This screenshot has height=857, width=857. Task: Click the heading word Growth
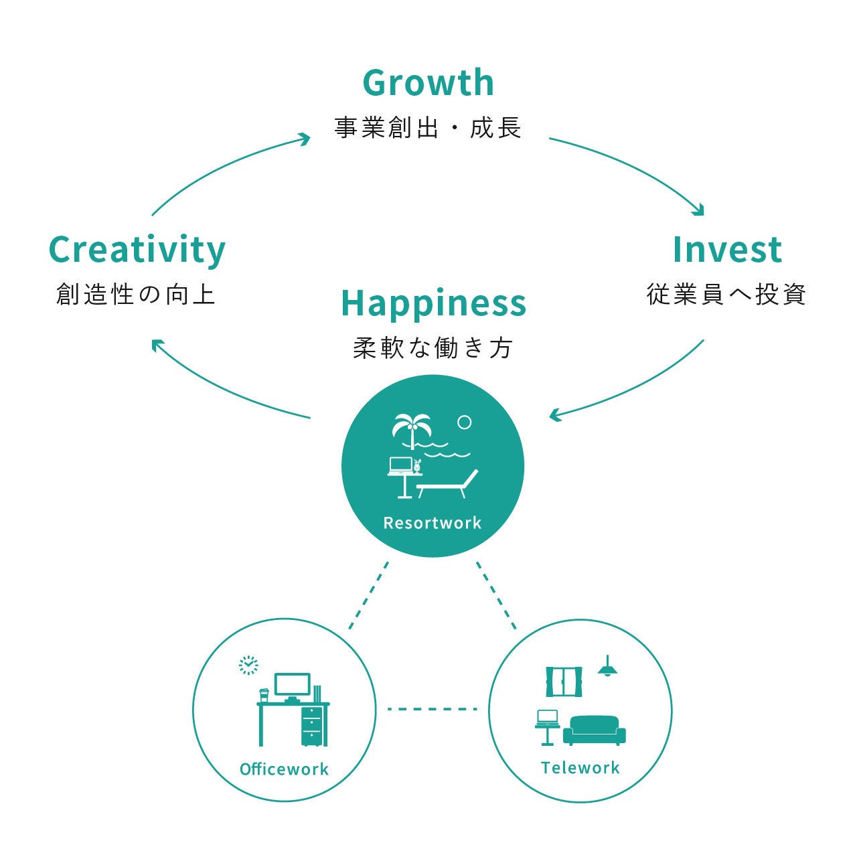pos(428,83)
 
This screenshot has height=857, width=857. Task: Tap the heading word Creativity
pos(137,250)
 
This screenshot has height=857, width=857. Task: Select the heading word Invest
pos(727,250)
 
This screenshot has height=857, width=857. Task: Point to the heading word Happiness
pos(433,303)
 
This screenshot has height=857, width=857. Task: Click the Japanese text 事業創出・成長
pos(428,127)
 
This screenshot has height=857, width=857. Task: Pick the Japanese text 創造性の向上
pos(136,294)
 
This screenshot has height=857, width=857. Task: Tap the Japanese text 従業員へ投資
pos(726,294)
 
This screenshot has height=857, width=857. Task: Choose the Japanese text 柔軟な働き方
pos(433,347)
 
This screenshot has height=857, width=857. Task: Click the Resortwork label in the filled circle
pos(432,523)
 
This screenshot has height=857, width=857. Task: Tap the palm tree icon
pos(411,429)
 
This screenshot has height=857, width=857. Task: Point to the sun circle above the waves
pos(464,422)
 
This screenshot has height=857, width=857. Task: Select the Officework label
pos(284,769)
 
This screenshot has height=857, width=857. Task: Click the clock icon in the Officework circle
pos(248,665)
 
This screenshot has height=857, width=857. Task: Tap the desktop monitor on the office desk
pos(293,686)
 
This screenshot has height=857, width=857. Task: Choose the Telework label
pos(580,768)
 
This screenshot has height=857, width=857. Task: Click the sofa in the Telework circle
pos(594,730)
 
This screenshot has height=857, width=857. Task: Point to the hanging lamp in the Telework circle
pos(607,668)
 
